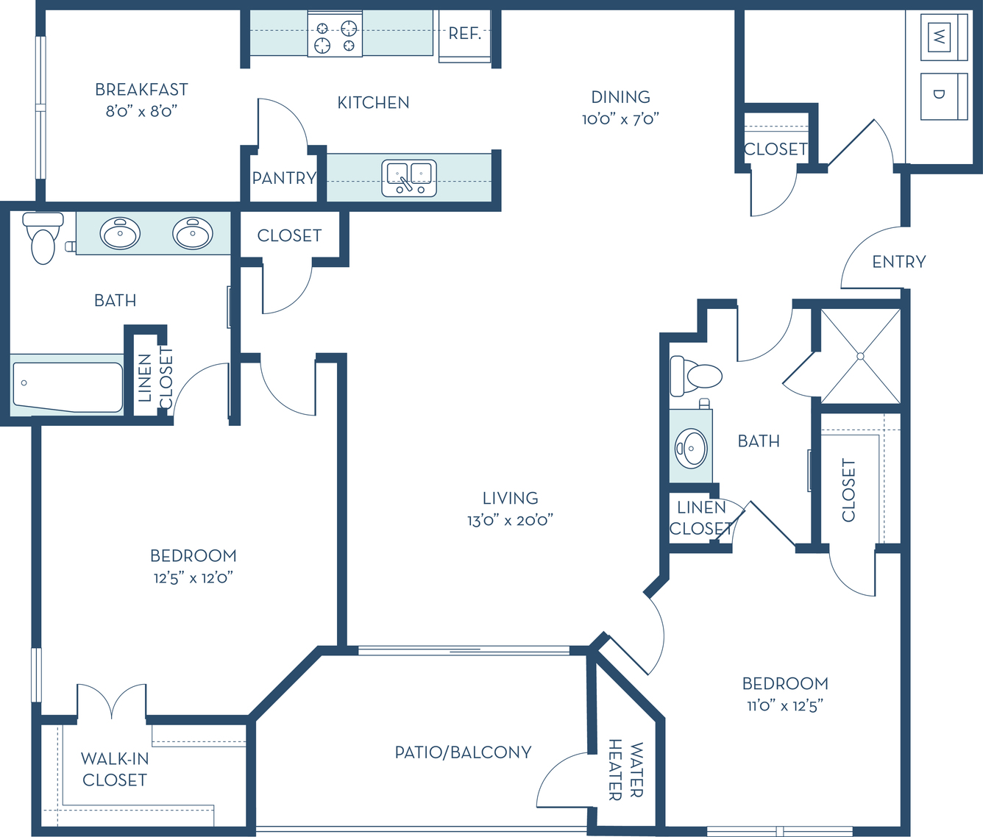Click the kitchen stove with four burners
coord(335,34)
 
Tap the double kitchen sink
coord(409,178)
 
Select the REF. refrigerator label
coord(464,33)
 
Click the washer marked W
coord(944,37)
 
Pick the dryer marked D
coord(944,96)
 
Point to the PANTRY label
coord(284,178)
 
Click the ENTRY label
coord(899,262)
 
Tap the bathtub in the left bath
coord(68,388)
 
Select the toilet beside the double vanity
coord(43,238)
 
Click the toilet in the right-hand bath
coord(696,376)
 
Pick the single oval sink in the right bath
coord(691,448)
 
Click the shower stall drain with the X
coord(860,356)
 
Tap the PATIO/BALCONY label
coord(464,752)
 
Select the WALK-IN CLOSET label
coord(115,769)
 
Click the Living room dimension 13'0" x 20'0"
coord(511,521)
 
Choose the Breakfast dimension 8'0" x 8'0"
coord(141,111)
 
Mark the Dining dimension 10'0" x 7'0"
coord(620,119)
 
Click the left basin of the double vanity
coord(120,233)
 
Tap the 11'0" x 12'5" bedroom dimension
coord(785,706)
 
